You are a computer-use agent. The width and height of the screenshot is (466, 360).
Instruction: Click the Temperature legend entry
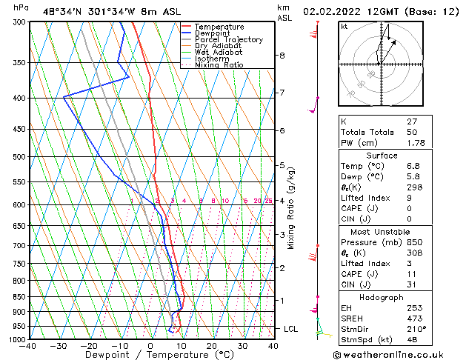coord(221,27)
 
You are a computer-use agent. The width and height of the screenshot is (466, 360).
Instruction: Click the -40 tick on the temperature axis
coord(28,345)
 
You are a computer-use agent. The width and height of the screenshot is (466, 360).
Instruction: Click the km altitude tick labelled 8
coord(282,56)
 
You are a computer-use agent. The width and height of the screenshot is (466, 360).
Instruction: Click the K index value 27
coord(413,121)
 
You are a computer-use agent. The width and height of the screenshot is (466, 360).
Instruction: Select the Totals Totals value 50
coord(413,131)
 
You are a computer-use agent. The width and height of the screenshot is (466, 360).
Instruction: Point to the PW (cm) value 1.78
coord(416,142)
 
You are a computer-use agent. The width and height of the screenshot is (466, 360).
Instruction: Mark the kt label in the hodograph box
coord(344,27)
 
